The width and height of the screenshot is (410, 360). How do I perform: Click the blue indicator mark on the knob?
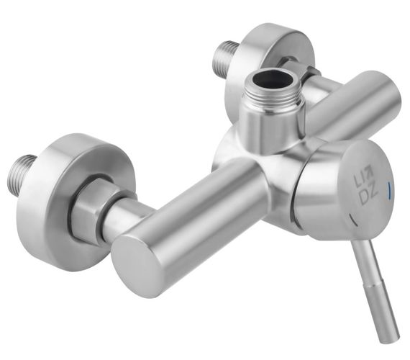388,190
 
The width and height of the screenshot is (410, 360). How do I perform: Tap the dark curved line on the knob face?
353,220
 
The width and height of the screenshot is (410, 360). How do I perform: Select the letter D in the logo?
364,198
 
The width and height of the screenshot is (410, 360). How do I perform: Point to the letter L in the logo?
357,181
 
